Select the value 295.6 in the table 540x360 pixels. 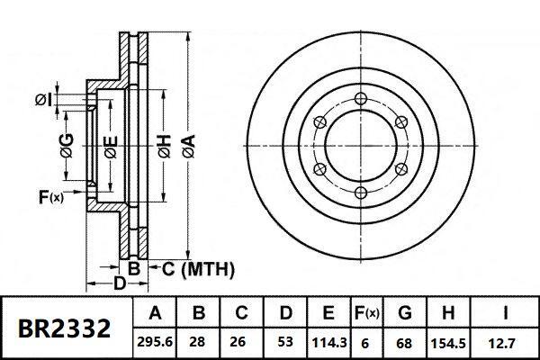point(155,343)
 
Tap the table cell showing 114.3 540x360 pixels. point(329,343)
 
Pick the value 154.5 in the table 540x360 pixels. point(449,343)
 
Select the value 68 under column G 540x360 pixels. point(404,343)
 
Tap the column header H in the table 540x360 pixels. point(449,314)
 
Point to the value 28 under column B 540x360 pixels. point(199,343)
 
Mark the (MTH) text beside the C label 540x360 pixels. point(208,268)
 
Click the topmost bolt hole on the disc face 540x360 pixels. point(360,98)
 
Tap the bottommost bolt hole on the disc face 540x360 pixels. point(360,193)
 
